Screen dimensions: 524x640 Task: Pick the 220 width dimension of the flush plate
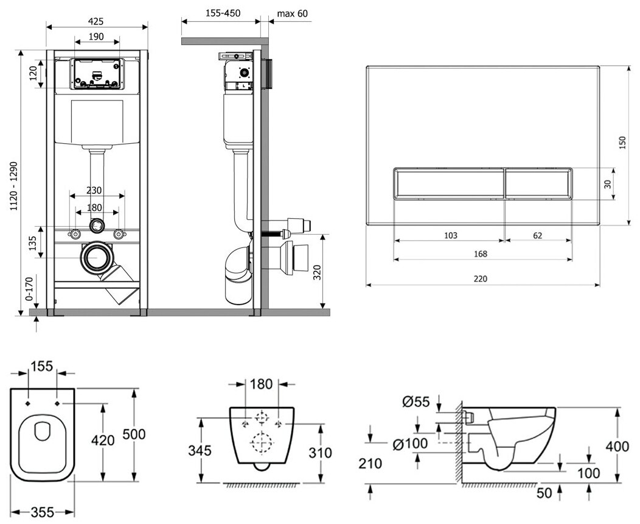point(481,278)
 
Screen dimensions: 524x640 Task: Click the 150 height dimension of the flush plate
point(622,143)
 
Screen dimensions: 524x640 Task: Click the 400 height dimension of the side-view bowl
point(617,446)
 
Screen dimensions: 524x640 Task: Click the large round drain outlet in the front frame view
point(96,258)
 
